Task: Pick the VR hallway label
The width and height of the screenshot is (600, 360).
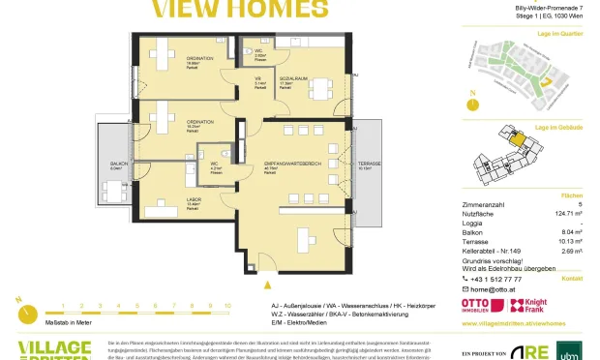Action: click(258, 78)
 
